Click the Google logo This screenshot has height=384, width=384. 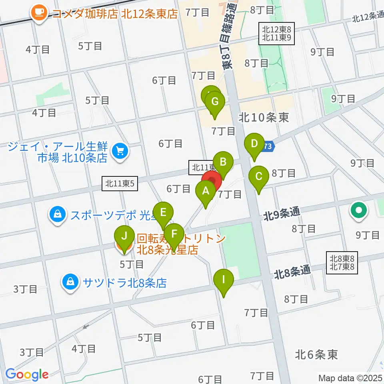[27, 374]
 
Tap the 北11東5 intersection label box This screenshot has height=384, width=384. [120, 184]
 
